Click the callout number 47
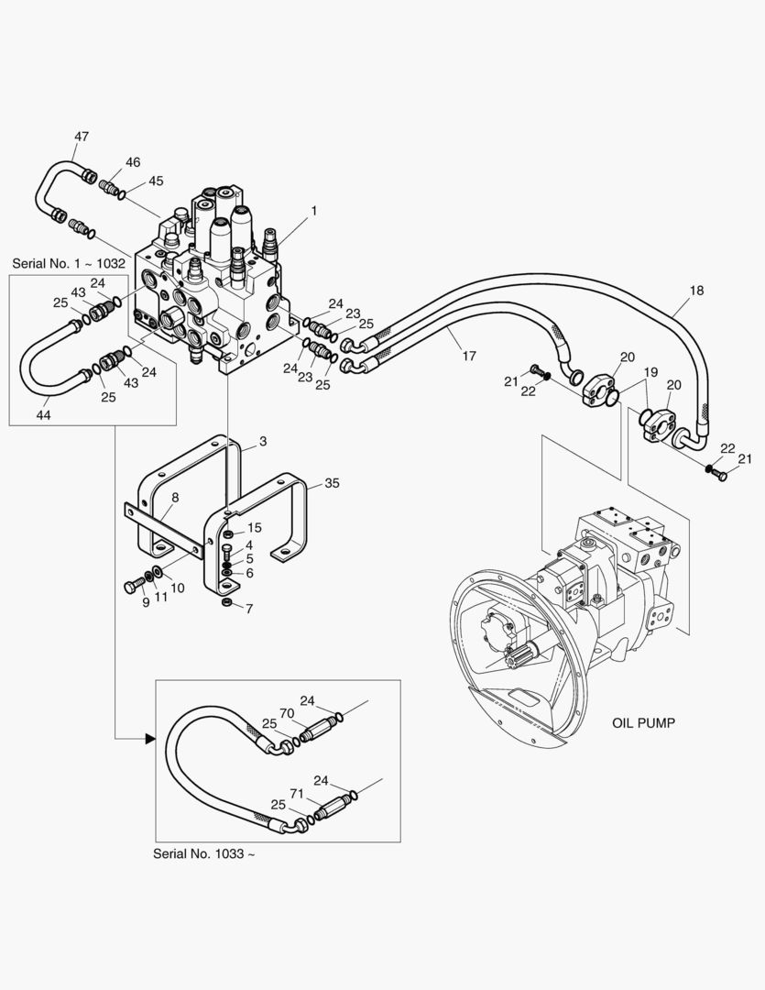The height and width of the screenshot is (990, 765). (82, 137)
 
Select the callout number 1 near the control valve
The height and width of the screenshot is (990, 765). (313, 211)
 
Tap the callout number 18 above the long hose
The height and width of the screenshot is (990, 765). (696, 291)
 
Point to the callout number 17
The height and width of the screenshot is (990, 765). (468, 356)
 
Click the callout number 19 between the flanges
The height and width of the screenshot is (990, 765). (650, 372)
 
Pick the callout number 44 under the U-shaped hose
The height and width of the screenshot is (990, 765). (43, 415)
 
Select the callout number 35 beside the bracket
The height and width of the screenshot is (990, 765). (331, 483)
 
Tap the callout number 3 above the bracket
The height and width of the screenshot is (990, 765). (262, 442)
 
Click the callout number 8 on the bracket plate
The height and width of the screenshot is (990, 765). (175, 498)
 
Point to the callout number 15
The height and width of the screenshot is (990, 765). (255, 527)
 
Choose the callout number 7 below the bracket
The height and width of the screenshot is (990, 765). (248, 609)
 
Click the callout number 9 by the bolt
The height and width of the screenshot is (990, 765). (145, 603)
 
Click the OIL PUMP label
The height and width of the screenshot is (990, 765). (643, 723)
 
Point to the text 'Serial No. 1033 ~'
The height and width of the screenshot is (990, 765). (204, 853)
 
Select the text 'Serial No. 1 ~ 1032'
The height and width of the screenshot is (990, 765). (69, 263)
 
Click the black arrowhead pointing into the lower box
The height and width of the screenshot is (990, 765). (149, 737)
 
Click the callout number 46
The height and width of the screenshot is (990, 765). (133, 162)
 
